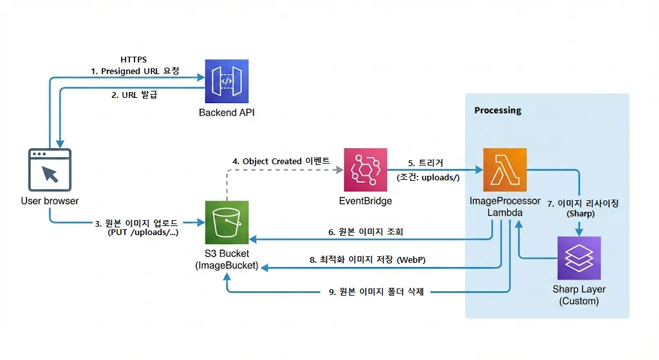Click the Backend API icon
226,81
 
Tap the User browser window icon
50,170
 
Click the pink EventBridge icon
365,169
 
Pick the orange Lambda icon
505,169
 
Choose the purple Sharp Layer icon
579,258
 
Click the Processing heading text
497,110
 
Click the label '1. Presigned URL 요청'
135,71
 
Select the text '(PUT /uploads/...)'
143,233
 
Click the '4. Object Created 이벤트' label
281,160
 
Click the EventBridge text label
365,201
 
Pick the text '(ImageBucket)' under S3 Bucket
227,265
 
